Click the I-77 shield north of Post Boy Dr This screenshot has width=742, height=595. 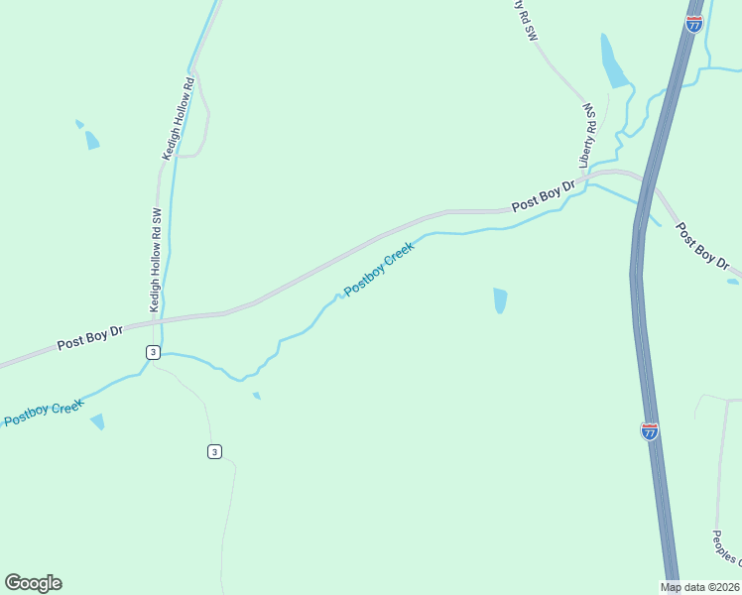tap(694, 23)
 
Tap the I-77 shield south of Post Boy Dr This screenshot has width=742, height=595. tap(649, 430)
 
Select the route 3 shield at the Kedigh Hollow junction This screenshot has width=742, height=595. tap(152, 352)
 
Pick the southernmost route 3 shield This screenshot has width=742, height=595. tap(214, 451)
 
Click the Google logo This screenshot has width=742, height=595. tap(33, 583)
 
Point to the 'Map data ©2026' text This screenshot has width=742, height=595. tap(700, 587)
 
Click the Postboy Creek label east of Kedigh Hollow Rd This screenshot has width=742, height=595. tap(379, 271)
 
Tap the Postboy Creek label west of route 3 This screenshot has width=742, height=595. tap(42, 413)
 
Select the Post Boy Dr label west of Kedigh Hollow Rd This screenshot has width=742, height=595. tap(88, 338)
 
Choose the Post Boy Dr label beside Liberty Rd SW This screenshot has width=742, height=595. tap(544, 196)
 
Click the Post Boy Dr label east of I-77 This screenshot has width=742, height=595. tap(702, 247)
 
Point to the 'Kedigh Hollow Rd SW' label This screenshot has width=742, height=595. tap(155, 261)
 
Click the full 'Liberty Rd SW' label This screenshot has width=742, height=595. tap(587, 135)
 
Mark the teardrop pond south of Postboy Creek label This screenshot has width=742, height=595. tap(500, 299)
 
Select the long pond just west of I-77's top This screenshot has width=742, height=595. tap(613, 62)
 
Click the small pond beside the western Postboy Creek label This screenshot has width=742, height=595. tap(97, 422)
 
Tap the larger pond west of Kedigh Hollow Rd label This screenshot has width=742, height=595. tap(92, 140)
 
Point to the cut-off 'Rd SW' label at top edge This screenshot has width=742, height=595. tap(525, 19)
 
